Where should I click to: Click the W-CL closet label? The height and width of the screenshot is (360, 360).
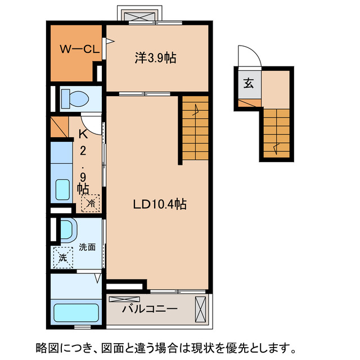tap(79, 49)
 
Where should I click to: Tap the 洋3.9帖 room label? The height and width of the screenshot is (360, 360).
tap(155, 57)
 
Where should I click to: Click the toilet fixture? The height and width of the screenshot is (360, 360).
tap(74, 98)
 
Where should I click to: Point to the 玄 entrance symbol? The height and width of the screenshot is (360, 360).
tap(248, 84)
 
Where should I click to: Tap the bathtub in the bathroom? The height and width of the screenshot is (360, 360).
tap(76, 312)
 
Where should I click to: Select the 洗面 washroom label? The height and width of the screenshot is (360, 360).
tap(87, 246)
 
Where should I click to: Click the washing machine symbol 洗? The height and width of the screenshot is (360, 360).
tap(63, 258)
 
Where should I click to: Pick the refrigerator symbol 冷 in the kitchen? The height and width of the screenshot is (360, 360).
tap(90, 202)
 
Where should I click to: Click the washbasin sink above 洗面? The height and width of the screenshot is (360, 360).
tap(67, 229)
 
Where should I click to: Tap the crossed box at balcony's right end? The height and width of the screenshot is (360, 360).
tap(201, 308)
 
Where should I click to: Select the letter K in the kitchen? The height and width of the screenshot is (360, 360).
tap(83, 134)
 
